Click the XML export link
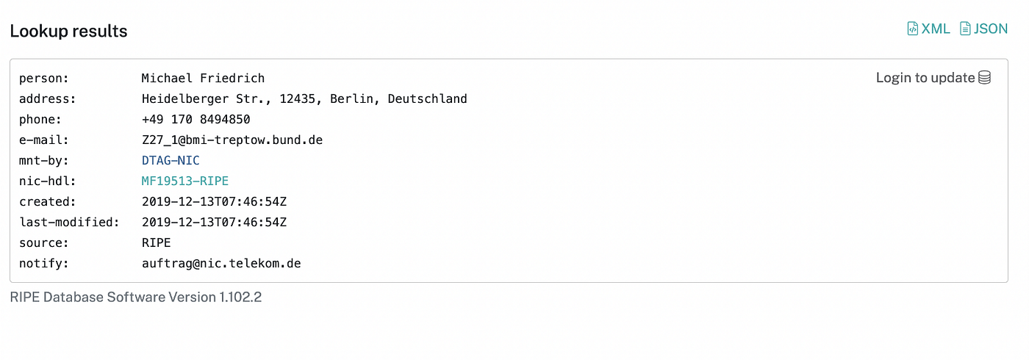929,29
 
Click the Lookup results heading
68,31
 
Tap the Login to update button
925,78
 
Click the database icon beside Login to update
985,78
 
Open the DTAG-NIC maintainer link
170,160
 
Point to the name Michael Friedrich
203,78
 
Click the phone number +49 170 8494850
196,119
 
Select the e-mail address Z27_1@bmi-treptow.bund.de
232,140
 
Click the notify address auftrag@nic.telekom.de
220,263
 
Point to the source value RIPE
156,242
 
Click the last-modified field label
69,222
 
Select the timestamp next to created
214,201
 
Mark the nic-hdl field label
47,181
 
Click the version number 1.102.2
240,298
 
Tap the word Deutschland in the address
427,98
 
